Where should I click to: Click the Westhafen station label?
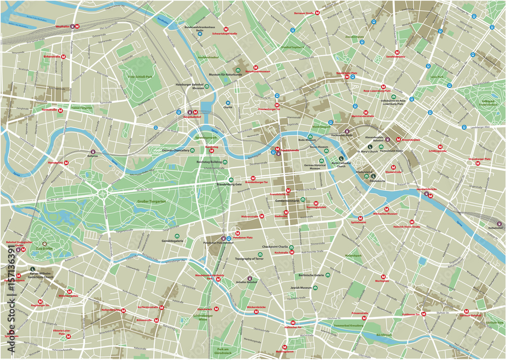tap(62, 26)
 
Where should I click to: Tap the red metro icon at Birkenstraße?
tap(64, 57)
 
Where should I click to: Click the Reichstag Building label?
tap(208, 162)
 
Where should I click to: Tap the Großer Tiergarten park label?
tap(151, 201)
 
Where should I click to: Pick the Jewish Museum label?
tap(299, 288)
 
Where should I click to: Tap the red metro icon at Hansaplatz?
tap(66, 163)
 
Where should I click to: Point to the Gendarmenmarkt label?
tap(287, 201)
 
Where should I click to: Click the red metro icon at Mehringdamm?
tap(285, 347)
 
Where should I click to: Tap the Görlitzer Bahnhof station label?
tap(471, 315)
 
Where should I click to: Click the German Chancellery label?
tap(175, 150)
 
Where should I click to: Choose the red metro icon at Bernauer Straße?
tap(317, 12)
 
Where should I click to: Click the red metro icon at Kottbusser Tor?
tap(424, 314)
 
